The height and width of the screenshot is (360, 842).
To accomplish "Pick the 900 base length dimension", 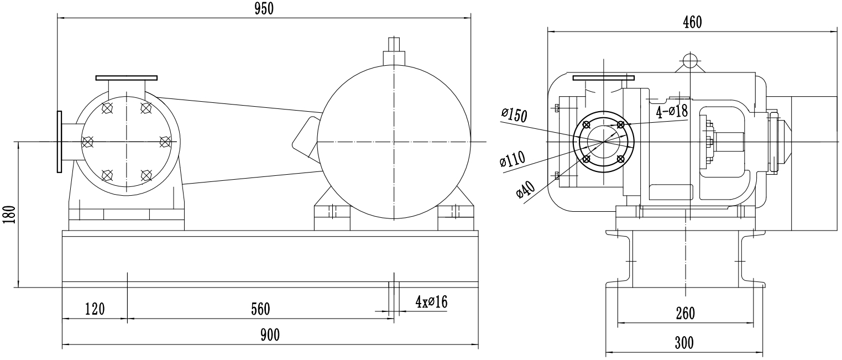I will [x=270, y=335].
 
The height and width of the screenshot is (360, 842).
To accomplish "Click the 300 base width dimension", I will [x=684, y=343].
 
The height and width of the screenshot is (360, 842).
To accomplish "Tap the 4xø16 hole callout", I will [x=431, y=302].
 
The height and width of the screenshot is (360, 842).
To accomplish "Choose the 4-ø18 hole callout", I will [x=671, y=112].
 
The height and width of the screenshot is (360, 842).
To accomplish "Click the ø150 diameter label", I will [x=514, y=115].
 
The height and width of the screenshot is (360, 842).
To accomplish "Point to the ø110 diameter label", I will [x=511, y=160].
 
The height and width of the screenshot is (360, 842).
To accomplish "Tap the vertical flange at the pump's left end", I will [x=58, y=142].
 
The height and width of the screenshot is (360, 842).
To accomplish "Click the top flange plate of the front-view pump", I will [x=126, y=78].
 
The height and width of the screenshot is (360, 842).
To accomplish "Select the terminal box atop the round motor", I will [x=394, y=53].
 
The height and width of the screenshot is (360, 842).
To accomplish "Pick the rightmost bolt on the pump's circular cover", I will [x=165, y=142].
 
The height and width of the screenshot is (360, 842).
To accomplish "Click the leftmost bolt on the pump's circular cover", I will [x=87, y=142].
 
